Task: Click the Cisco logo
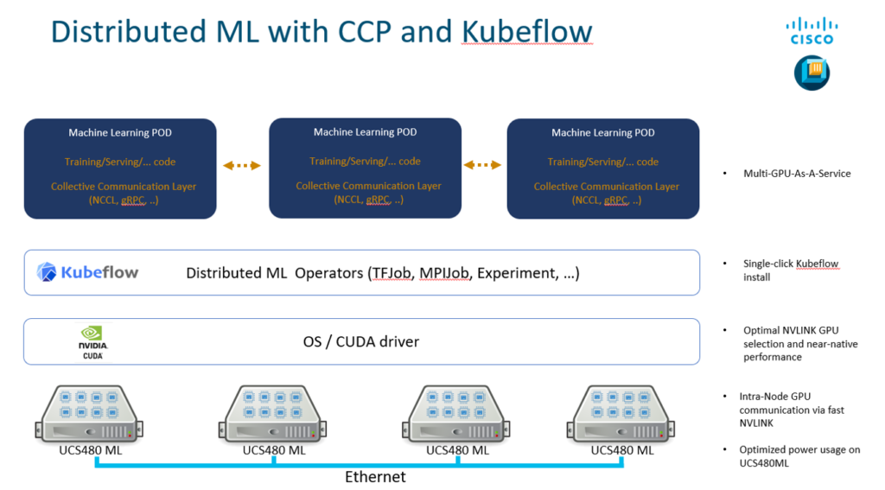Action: tap(812, 31)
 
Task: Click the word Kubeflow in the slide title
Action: tap(526, 31)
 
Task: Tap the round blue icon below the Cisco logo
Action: tap(812, 73)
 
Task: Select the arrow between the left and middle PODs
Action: tap(242, 165)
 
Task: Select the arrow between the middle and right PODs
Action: tap(482, 165)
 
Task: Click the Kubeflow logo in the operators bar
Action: tap(88, 273)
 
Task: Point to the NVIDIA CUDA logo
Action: tap(92, 342)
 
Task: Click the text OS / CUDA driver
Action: tap(360, 341)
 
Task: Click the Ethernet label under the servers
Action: tap(375, 476)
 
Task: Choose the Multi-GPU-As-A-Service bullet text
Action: tap(797, 174)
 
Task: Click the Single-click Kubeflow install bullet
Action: tap(790, 270)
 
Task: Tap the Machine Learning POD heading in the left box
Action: tap(120, 133)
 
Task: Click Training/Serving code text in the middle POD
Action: tap(365, 162)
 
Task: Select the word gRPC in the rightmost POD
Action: tap(614, 200)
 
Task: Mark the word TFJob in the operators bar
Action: tap(389, 273)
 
